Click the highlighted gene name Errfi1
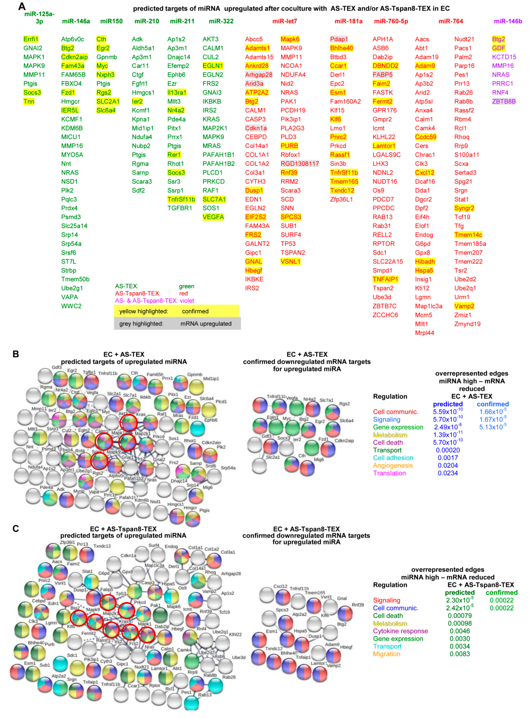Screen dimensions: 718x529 [31, 39]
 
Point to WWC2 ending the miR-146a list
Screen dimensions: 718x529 [71, 306]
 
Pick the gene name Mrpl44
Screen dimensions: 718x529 [424, 333]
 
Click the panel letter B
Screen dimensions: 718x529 [16, 354]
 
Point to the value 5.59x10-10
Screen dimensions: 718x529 [447, 412]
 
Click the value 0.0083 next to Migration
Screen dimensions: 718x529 [459, 654]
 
